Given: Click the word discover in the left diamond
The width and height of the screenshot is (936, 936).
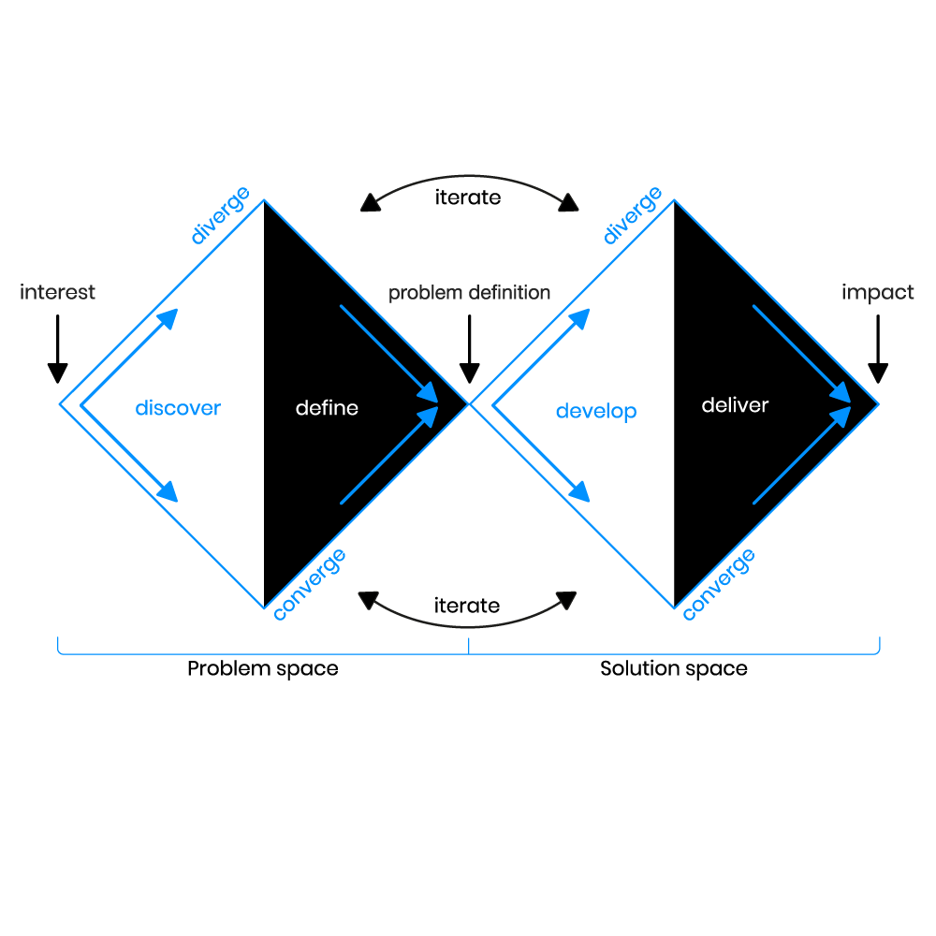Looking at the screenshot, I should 178,408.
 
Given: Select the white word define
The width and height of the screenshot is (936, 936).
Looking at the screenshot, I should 327,408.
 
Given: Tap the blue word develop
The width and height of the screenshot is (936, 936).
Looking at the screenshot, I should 596,411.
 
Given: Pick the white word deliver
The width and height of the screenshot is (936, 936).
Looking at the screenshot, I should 735,405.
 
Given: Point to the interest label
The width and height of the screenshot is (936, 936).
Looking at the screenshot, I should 58,292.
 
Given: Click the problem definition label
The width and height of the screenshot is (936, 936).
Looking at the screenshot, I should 470,293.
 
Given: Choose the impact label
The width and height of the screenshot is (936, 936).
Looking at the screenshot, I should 878,292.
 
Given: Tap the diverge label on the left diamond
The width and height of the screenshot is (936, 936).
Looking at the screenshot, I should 220,215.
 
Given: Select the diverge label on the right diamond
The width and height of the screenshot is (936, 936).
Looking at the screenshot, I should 633,215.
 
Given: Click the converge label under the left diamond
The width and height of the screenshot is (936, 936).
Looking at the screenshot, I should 309,584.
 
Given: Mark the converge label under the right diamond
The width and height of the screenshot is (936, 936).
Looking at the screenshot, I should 719,584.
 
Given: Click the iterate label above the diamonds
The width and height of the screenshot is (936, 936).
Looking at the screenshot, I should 468,197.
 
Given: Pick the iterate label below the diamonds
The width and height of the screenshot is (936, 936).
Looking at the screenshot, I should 467,606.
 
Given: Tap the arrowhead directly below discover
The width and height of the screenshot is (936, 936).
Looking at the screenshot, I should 168,491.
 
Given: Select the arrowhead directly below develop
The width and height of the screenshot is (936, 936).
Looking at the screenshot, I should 580,491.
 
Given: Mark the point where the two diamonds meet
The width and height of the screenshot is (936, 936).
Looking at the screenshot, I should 469,404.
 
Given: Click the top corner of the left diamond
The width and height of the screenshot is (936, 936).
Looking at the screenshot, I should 265,199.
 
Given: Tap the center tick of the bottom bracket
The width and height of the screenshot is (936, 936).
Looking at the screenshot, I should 469,646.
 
